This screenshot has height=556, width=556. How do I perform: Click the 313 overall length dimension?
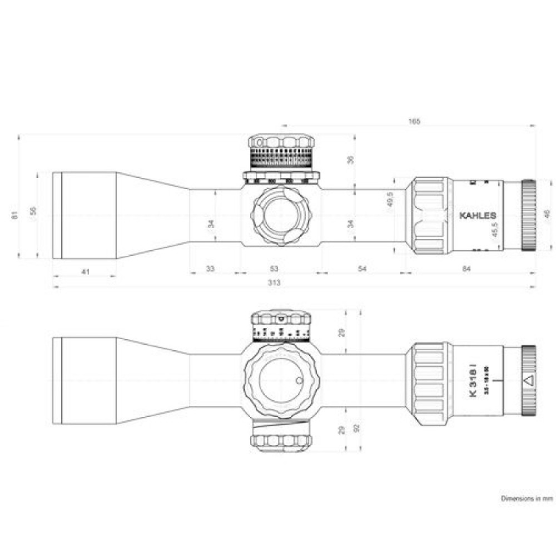pos(274,282)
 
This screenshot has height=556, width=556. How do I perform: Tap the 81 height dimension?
pos(16,213)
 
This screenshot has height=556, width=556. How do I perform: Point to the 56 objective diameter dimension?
pos(33,211)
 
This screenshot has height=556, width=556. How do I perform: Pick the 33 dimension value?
pos(210,269)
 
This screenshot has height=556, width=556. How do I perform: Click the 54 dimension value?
pos(361,269)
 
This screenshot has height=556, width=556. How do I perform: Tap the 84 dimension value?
pos(466,269)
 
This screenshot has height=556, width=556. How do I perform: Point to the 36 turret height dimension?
pos(350,160)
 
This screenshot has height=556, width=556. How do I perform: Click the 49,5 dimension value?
pos(390,198)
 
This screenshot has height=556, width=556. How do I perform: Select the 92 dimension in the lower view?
pos(358,429)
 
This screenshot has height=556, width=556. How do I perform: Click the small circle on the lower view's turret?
pos(298,381)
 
